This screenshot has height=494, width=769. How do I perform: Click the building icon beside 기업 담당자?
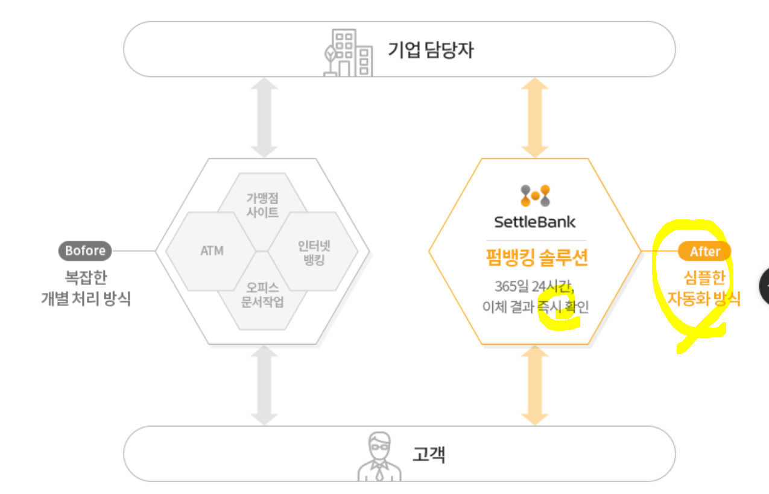coord(347,54)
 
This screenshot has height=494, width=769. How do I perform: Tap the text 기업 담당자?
coord(431,50)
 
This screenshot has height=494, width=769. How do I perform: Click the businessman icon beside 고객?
coord(379,457)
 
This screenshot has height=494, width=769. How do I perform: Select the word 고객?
coord(429,454)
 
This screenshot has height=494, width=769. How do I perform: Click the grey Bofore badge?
coord(85,251)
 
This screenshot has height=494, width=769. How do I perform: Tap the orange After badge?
coord(704,251)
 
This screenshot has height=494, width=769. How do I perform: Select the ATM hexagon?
coord(211,251)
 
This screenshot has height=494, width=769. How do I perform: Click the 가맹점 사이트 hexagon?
coord(262,205)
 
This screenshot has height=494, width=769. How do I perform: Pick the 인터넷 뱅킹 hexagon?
coord(314,253)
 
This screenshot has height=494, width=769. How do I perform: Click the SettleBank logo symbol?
coord(535,196)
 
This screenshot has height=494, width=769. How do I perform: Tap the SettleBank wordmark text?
coord(535,222)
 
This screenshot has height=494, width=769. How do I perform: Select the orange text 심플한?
coord(704,278)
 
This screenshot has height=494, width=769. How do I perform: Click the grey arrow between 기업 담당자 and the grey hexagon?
coord(264,118)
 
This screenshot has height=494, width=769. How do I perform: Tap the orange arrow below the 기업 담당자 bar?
coord(534,118)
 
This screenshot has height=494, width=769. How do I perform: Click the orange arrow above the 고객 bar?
coord(534,386)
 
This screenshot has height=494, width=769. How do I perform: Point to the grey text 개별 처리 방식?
coord(86,298)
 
